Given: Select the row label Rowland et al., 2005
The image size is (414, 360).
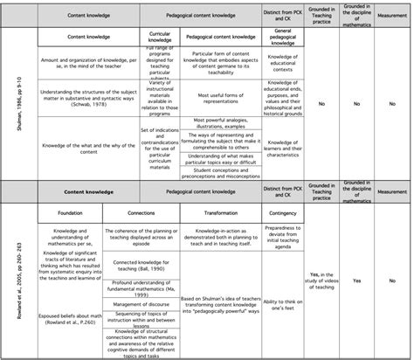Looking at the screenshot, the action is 8,278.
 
